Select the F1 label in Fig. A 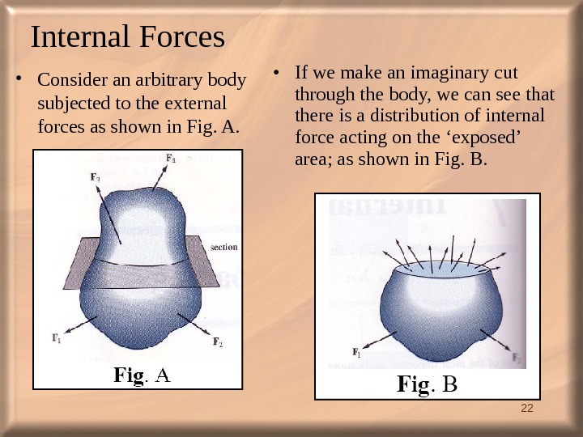point(57,340)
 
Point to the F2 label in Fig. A point(218,342)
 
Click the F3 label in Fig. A point(96,177)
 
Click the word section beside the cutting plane point(223,248)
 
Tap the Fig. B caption point(427,383)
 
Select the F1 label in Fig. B point(356,352)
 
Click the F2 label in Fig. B point(517,359)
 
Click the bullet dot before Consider point(20,81)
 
